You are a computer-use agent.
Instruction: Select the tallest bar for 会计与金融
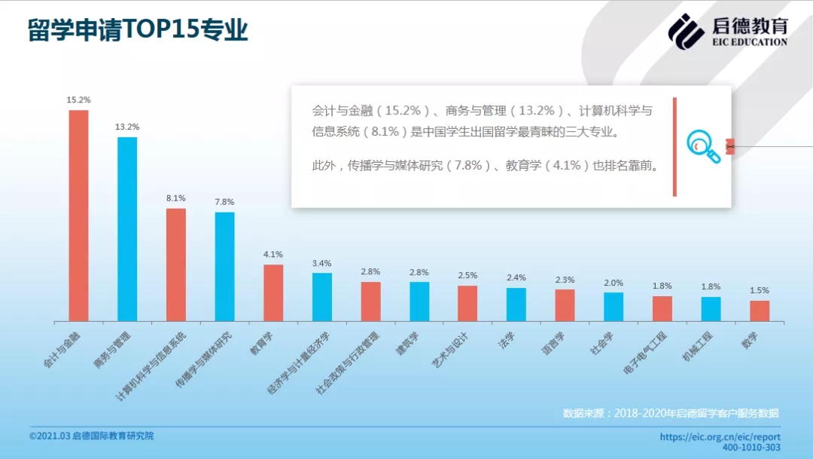pos(78,216)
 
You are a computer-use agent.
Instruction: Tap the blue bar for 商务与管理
pos(127,229)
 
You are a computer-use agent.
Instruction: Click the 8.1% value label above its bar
pos(175,197)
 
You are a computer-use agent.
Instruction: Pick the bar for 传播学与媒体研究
pos(224,267)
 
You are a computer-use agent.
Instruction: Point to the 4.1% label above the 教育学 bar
pos(273,254)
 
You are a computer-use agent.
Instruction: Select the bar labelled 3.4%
pos(322,297)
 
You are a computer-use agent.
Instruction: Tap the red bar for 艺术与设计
pos(467,303)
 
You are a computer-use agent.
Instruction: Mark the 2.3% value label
pos(565,280)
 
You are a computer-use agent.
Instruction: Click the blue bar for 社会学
pos(614,307)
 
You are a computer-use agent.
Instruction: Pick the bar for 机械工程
pos(711,309)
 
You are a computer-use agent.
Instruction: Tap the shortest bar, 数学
pos(760,311)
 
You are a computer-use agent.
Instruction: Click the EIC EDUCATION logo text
pos(750,42)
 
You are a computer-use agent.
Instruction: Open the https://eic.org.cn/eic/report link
pos(720,436)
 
